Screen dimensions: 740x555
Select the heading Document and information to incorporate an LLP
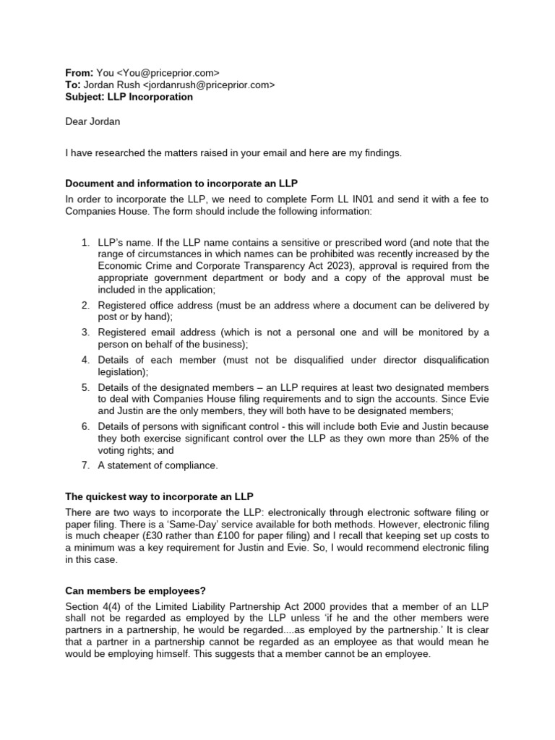click(x=186, y=183)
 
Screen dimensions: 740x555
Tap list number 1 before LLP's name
click(x=85, y=242)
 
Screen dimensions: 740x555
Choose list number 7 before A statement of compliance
click(x=85, y=465)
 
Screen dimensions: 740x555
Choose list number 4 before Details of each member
click(x=85, y=360)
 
